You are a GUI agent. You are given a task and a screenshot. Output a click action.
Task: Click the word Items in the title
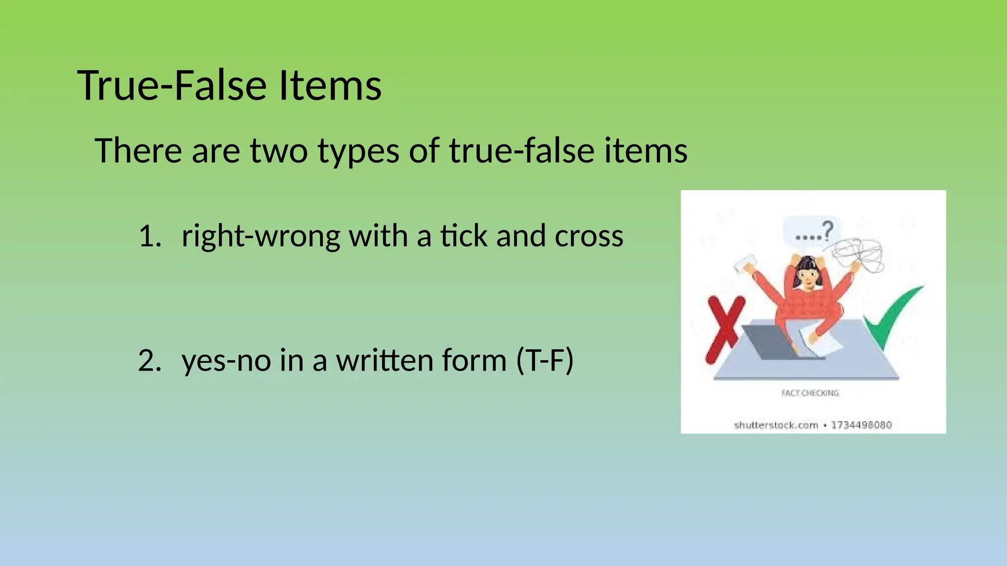[330, 85]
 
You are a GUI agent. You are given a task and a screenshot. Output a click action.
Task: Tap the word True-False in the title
[173, 85]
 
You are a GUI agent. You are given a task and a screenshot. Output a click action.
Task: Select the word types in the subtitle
[358, 151]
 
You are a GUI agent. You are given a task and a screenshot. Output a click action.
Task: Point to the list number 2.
[149, 360]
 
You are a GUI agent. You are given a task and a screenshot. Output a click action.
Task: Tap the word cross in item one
[589, 236]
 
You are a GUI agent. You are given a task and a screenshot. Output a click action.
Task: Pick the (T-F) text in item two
[545, 360]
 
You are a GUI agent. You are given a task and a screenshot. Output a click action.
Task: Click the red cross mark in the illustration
[723, 329]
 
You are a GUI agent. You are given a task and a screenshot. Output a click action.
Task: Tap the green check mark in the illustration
[893, 317]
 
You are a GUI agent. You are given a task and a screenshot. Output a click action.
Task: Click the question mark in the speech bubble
[828, 230]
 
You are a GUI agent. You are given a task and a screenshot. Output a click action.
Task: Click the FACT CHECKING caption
[810, 393]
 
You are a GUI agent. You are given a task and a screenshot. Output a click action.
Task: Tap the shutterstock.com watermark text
[775, 425]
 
